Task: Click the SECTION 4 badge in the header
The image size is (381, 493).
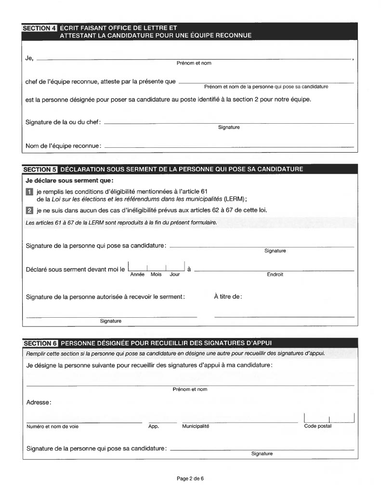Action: click(x=40, y=28)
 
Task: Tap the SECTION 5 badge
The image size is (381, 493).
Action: click(x=40, y=169)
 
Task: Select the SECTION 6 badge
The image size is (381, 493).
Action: click(x=40, y=343)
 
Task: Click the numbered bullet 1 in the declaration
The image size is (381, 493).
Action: click(x=29, y=192)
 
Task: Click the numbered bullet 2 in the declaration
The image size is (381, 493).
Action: click(x=29, y=210)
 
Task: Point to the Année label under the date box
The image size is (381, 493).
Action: click(x=138, y=274)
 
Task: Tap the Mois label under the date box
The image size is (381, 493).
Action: click(x=156, y=274)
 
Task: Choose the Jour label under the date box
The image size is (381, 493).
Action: click(x=174, y=274)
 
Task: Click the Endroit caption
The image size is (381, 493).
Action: click(x=275, y=274)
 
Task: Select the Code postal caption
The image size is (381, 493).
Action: click(x=318, y=426)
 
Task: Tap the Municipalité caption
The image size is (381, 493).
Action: click(x=196, y=426)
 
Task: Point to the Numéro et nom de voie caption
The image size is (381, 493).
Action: click(x=53, y=426)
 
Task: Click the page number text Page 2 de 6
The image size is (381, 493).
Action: click(x=191, y=479)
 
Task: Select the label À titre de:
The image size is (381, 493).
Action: click(x=228, y=297)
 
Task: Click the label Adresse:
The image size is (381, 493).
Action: click(x=39, y=402)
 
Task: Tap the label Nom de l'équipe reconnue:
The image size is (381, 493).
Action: click(x=63, y=145)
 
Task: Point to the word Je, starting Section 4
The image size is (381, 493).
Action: click(x=29, y=58)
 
